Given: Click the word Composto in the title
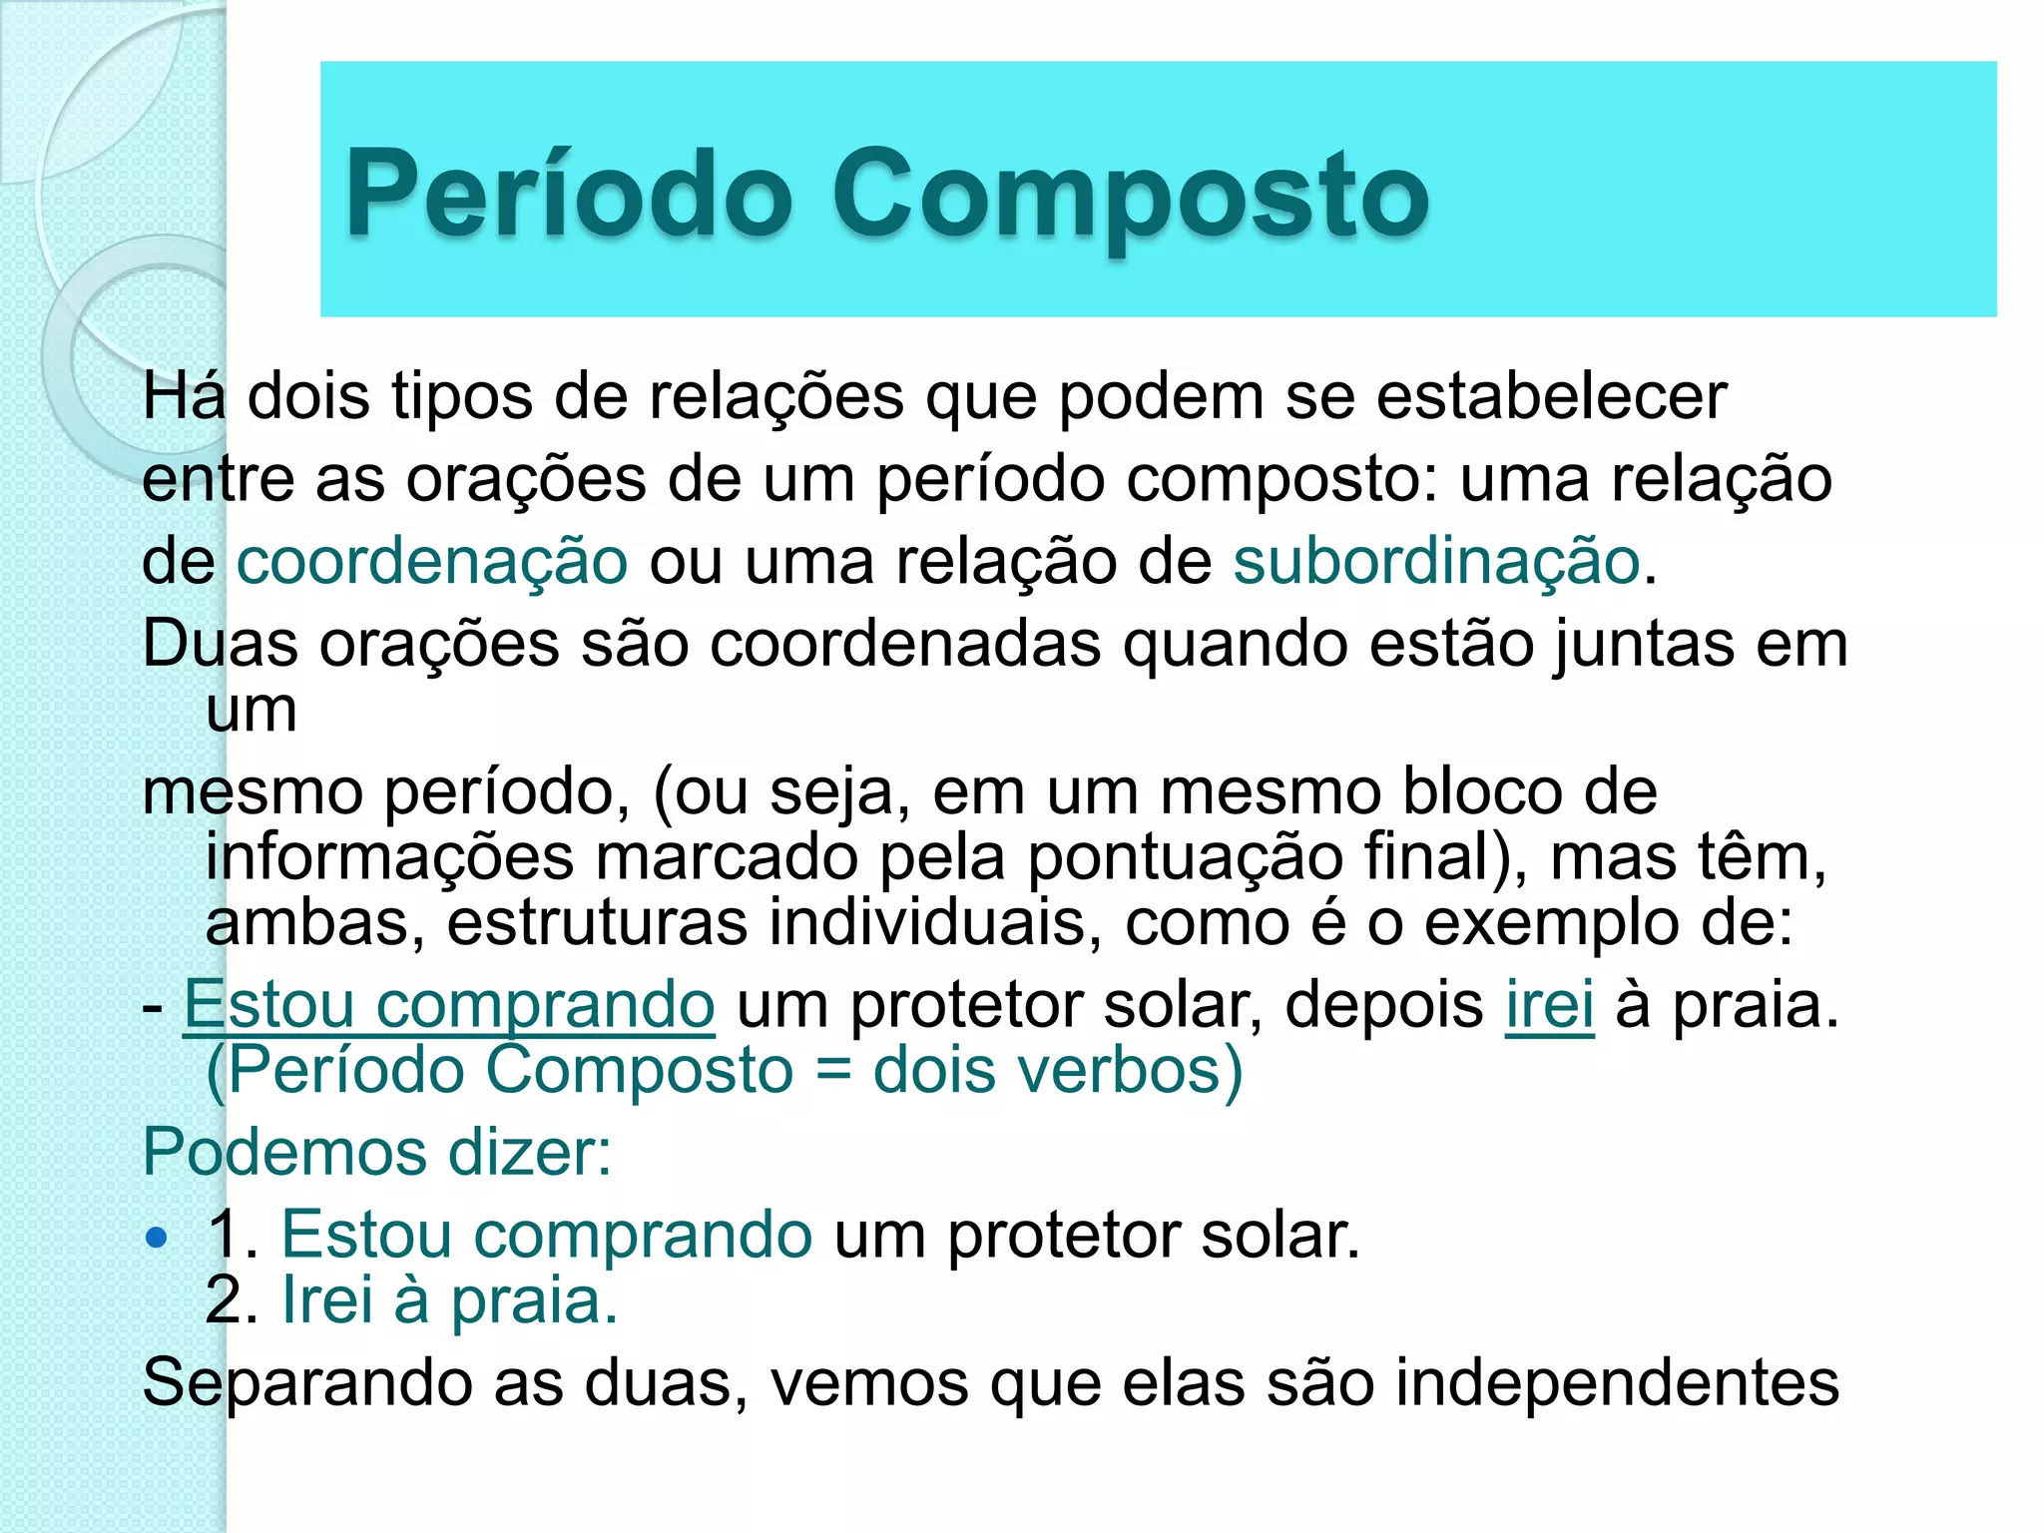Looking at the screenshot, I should click(x=1131, y=195).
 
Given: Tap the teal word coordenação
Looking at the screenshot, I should click(x=432, y=561).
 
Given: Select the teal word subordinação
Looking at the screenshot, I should click(x=1436, y=561).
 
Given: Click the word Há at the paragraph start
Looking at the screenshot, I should click(x=185, y=396).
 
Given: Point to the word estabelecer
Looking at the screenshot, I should click(x=1552, y=396).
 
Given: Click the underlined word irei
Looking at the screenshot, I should click(x=1549, y=1004).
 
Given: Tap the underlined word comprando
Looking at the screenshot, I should click(x=545, y=1004).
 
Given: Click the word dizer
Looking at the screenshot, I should click(x=529, y=1152).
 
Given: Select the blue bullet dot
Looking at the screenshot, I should click(x=156, y=1239).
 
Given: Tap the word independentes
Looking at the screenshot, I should click(x=1616, y=1383).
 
